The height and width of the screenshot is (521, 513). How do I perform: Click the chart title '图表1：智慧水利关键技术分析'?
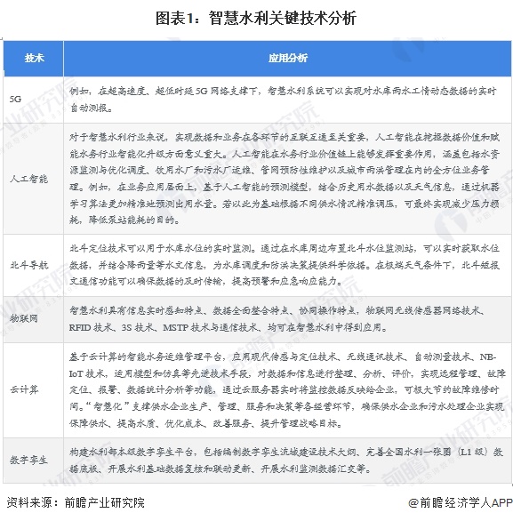coord(257,15)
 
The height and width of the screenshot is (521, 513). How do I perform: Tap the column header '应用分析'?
coord(287,58)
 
